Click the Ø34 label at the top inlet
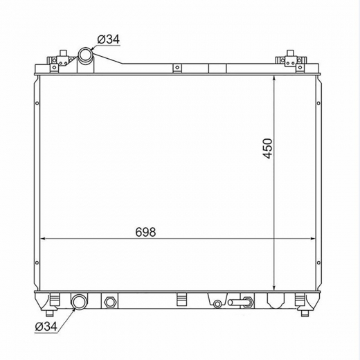click(109, 39)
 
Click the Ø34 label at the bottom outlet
click(46, 326)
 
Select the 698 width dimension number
click(145, 232)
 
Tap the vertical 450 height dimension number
click(267, 148)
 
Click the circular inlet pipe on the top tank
click(86, 55)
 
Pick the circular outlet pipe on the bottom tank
click(79, 301)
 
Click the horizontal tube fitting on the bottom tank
click(240, 302)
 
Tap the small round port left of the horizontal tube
click(217, 304)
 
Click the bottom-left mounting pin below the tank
click(50, 313)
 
